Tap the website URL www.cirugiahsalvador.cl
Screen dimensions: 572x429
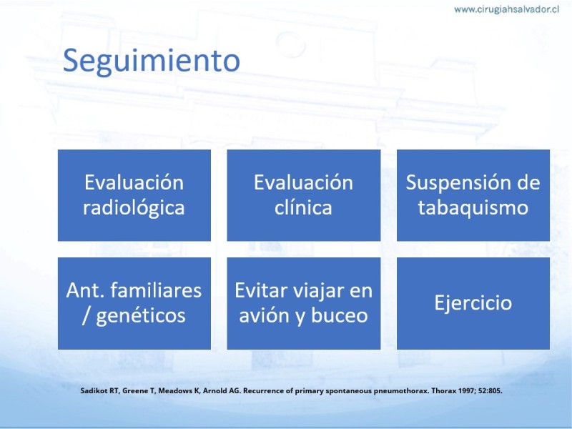point(506,9)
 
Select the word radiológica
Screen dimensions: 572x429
point(134,208)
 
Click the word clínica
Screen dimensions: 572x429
point(303,207)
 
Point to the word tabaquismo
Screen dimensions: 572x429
point(473,208)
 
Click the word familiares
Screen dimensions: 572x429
point(156,290)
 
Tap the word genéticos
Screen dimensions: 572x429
point(141,316)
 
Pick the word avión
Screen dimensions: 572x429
point(264,315)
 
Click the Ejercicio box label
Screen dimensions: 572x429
point(473,303)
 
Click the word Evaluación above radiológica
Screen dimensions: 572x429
point(134,182)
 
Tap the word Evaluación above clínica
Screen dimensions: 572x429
point(303,182)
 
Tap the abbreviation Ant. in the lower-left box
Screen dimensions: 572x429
point(87,290)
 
